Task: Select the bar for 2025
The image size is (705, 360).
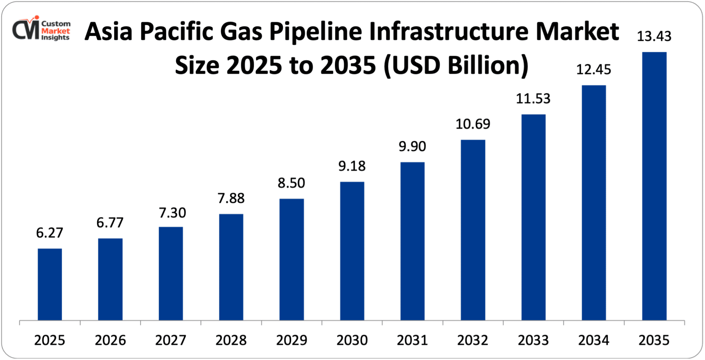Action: pyautogui.click(x=50, y=284)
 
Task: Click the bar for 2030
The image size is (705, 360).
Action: pyautogui.click(x=352, y=251)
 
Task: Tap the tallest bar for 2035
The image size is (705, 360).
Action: pyautogui.click(x=654, y=186)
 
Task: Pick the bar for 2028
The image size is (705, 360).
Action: pyautogui.click(x=231, y=267)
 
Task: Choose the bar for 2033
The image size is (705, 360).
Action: pyautogui.click(x=533, y=217)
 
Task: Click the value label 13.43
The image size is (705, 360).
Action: pyautogui.click(x=654, y=36)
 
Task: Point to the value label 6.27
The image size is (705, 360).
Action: pyautogui.click(x=50, y=233)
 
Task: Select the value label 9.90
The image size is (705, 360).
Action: pyautogui.click(x=412, y=147)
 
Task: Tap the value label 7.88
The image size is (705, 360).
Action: pyautogui.click(x=231, y=198)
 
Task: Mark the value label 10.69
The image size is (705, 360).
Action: pyautogui.click(x=473, y=124)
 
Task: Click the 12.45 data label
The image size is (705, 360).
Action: pyautogui.click(x=594, y=69)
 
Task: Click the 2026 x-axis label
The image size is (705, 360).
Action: pyautogui.click(x=110, y=340)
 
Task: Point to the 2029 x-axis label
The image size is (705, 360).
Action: pyautogui.click(x=292, y=340)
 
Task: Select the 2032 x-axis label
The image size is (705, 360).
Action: pyautogui.click(x=473, y=340)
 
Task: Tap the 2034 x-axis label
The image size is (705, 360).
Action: pyautogui.click(x=594, y=340)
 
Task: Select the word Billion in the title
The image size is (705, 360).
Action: pyautogui.click(x=488, y=66)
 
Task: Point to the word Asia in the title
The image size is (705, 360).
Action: pyautogui.click(x=108, y=32)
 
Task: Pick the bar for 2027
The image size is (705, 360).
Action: pyautogui.click(x=171, y=273)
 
